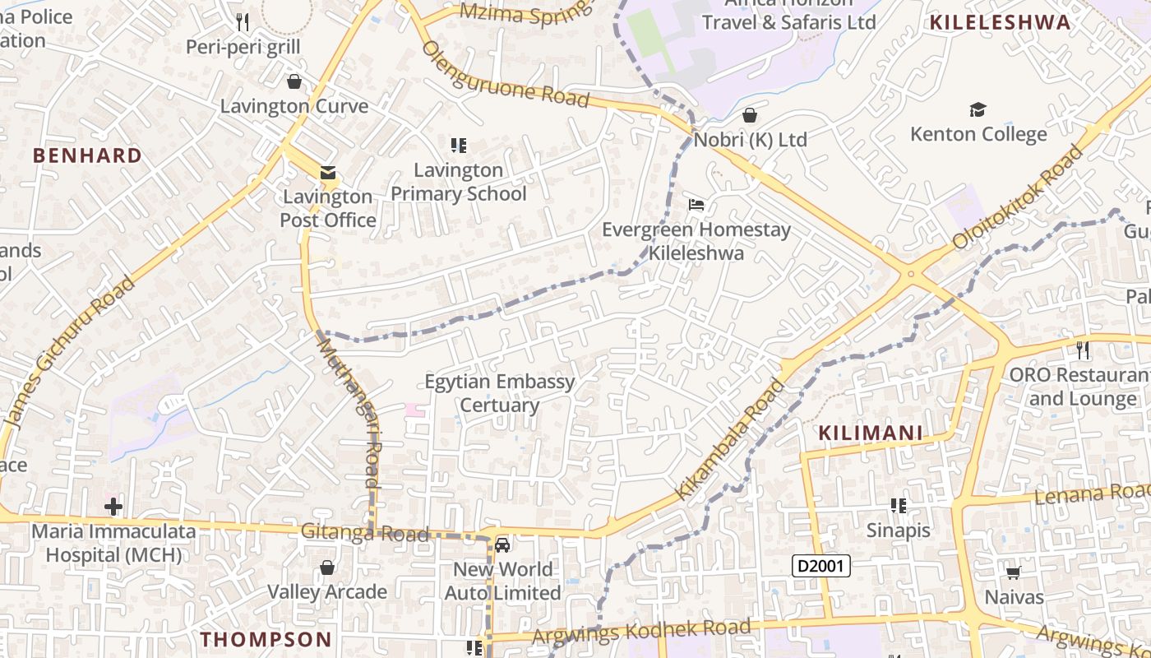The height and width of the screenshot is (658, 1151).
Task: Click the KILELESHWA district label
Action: point(1000,22)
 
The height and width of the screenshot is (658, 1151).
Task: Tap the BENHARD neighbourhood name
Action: point(87,155)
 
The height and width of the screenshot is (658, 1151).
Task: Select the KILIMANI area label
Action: point(871,433)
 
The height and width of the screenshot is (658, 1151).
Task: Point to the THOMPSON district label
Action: point(266,639)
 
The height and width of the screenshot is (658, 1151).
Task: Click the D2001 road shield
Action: point(820,566)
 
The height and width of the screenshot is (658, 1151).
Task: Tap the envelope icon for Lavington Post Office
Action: point(328,173)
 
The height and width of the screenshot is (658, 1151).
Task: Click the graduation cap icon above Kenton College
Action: point(978,109)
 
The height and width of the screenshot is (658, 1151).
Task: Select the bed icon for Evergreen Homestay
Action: point(696,205)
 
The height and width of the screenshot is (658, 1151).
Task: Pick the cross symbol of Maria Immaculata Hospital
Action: point(113,506)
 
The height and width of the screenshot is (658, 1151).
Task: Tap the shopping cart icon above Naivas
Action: point(1013,572)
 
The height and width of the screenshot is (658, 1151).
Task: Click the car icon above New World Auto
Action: point(502,544)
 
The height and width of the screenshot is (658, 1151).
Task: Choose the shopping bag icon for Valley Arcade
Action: point(327,568)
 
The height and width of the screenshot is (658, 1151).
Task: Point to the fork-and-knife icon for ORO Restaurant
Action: point(1083,350)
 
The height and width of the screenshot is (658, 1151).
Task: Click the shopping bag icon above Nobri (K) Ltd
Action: point(749,114)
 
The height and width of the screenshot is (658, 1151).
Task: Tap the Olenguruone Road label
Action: point(506,74)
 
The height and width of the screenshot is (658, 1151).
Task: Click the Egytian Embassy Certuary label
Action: point(499,393)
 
